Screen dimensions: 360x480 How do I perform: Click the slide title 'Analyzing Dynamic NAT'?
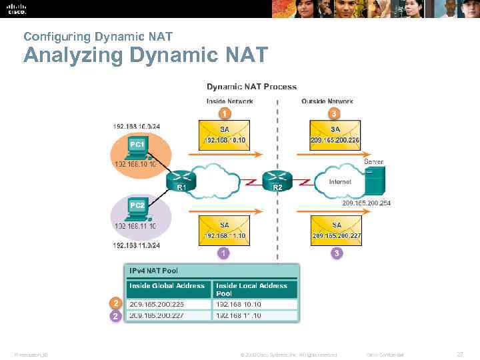click(145, 55)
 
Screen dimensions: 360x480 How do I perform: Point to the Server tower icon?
click(377, 181)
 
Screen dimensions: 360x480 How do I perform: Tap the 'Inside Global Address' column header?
click(167, 285)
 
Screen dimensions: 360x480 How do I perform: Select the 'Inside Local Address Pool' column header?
click(252, 289)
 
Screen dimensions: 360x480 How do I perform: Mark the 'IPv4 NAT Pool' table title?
click(154, 271)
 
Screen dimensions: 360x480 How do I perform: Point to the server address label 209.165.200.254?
click(366, 203)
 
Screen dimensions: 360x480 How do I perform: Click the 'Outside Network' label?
click(327, 101)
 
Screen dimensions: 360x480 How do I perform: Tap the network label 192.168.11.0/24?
click(137, 245)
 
